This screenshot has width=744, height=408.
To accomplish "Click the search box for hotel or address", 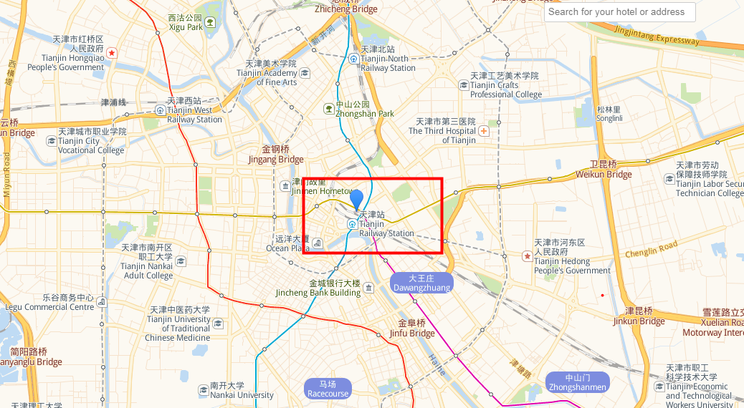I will click(x=619, y=11).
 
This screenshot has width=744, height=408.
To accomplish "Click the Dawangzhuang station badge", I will click(x=421, y=283).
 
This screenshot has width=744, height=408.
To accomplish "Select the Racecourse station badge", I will click(x=328, y=389).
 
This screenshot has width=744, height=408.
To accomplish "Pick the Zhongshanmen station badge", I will click(x=577, y=382).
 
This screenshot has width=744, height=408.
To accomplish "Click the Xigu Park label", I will click(x=186, y=23).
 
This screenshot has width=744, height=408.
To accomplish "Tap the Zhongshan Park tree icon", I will click(x=328, y=108).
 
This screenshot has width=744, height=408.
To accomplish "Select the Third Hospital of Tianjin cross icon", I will click(x=485, y=131).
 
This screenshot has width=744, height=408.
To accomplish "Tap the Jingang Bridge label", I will click(x=276, y=155).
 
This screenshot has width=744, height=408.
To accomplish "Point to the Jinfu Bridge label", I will click(x=412, y=328).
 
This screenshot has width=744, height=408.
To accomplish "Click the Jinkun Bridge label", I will click(x=639, y=316).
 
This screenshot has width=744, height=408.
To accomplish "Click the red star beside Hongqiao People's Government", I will click(x=112, y=53).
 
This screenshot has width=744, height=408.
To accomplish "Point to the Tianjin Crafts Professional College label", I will click(x=505, y=85).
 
